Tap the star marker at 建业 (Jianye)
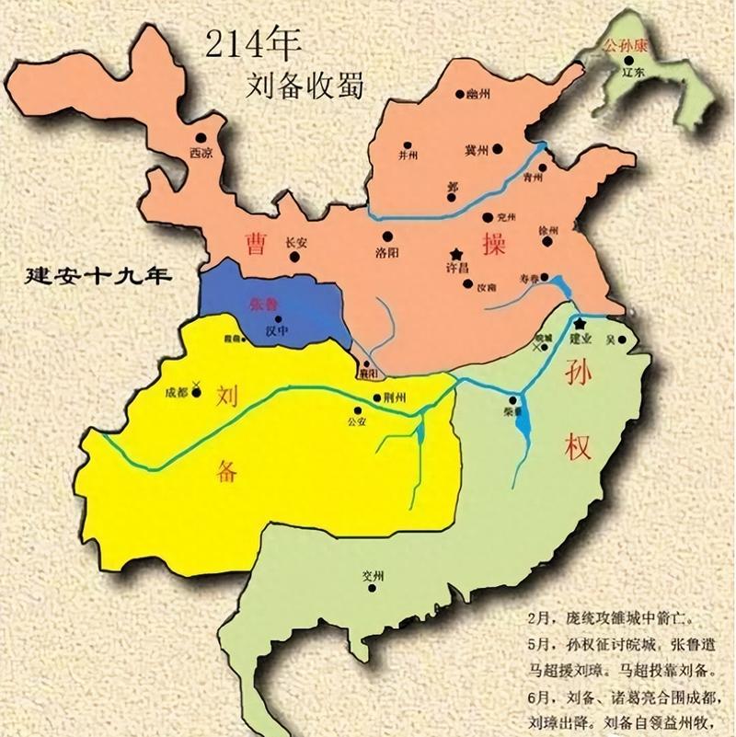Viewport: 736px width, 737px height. [x=580, y=324]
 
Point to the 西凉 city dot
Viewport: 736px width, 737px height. [x=199, y=138]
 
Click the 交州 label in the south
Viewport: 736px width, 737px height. [x=371, y=576]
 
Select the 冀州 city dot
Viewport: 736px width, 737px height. [x=497, y=147]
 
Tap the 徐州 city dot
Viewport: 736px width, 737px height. [x=548, y=242]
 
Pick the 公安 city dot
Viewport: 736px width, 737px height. [x=357, y=412]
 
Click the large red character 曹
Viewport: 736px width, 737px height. [x=255, y=243]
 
